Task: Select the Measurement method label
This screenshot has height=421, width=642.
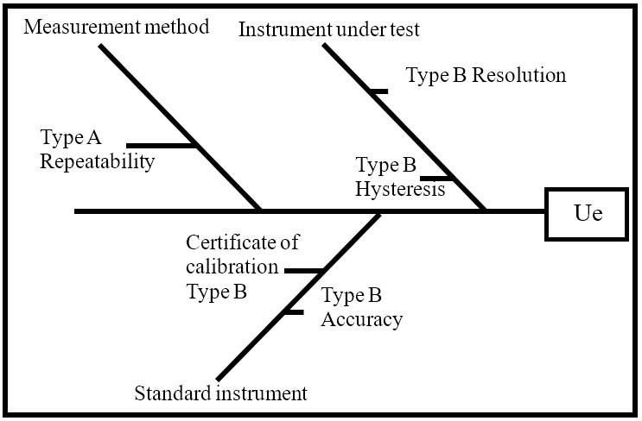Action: [x=117, y=27]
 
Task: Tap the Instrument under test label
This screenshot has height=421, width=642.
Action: [x=328, y=29]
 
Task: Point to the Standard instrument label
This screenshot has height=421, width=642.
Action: [x=220, y=394]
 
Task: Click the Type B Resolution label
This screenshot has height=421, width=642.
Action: [x=486, y=75]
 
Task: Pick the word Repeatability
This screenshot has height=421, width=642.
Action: [x=98, y=160]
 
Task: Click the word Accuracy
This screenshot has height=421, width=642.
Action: [x=361, y=319]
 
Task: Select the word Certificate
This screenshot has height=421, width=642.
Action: [x=242, y=243]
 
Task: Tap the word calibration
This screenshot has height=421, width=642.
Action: [x=232, y=267]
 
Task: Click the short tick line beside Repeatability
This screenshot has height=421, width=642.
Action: [x=161, y=145]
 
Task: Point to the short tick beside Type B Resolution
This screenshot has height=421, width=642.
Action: [x=377, y=90]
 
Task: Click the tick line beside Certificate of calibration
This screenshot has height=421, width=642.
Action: [x=303, y=271]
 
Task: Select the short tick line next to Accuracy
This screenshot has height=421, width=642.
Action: [x=294, y=311]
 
